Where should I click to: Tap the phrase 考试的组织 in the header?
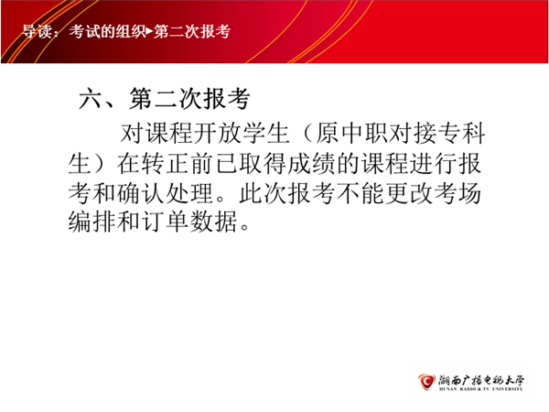coord(107,31)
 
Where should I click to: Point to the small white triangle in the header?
coord(149,32)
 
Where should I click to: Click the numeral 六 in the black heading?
coord(91,99)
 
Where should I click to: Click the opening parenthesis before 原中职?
coord(307,134)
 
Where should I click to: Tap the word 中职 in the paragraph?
coord(363,134)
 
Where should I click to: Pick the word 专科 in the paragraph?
coord(461,134)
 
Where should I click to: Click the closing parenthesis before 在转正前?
coord(99,164)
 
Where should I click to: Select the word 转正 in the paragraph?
coord(166,164)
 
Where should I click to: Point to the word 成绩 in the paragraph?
coord(312,164)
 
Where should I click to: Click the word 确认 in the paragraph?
coord(141,193)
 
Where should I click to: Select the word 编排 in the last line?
coord(91,222)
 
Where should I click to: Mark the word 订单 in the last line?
coord(166,222)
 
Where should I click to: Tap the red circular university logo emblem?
coord(425,382)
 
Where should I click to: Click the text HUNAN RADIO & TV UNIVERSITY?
coord(481,389)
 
